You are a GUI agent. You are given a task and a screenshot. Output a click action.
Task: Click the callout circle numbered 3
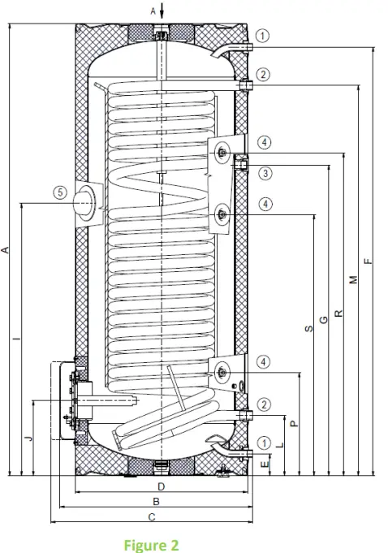(x=265, y=173)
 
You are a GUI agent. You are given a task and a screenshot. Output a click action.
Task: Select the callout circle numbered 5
(x=59, y=193)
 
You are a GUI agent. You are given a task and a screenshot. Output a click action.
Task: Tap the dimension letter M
(x=352, y=279)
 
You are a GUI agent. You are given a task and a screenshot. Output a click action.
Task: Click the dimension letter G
(x=324, y=320)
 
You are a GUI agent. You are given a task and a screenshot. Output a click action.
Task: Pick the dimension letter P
(x=294, y=422)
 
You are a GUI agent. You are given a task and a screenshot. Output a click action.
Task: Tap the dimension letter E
(x=265, y=463)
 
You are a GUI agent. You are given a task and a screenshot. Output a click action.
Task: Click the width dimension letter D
(x=161, y=487)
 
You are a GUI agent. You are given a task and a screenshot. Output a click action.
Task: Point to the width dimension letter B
(x=156, y=502)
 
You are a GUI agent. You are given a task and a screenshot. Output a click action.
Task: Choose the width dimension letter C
(x=152, y=516)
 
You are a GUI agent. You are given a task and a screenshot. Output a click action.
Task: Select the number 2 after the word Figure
(x=174, y=544)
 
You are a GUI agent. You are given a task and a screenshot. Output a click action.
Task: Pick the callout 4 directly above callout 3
(x=265, y=142)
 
